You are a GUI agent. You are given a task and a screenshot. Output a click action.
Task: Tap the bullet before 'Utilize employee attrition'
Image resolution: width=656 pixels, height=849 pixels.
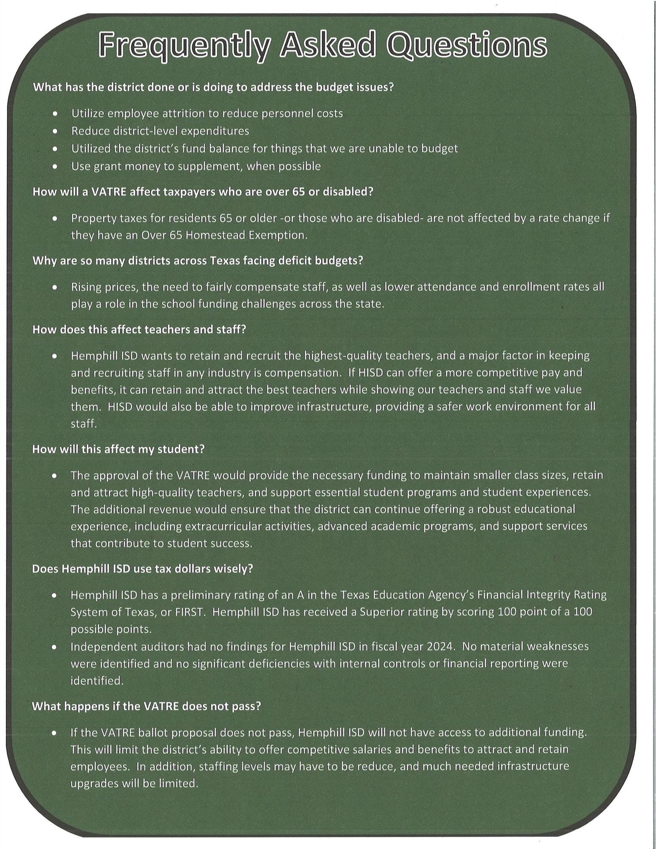(55, 114)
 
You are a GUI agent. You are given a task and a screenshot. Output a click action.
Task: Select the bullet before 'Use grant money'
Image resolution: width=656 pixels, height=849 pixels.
(55, 166)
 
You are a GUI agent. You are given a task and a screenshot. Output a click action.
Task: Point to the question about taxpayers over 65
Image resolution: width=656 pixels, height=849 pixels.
(203, 191)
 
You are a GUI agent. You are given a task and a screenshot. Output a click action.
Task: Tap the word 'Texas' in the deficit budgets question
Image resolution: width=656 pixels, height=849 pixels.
(223, 260)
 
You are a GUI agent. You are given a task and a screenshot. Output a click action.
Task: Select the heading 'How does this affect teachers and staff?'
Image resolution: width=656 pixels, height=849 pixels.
(139, 329)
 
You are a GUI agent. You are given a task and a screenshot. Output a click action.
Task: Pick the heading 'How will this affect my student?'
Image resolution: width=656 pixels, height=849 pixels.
(118, 449)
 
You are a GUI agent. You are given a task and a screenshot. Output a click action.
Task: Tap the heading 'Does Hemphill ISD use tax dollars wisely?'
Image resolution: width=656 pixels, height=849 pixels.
(142, 569)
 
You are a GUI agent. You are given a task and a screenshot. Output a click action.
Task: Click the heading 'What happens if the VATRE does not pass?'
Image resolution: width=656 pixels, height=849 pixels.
(146, 706)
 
